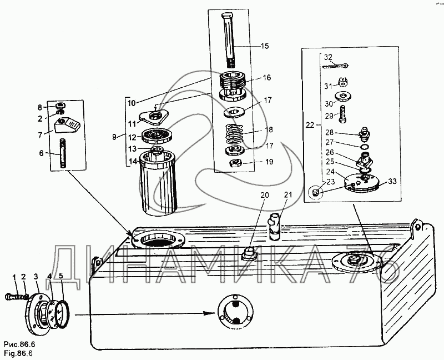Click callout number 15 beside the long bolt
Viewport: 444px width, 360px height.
265,46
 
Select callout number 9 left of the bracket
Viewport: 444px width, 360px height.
115,136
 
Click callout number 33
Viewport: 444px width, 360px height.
393,181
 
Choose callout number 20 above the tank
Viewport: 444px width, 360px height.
264,196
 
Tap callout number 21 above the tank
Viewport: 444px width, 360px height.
287,194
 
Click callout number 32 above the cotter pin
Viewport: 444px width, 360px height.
328,57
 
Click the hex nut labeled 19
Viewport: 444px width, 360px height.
235,163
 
